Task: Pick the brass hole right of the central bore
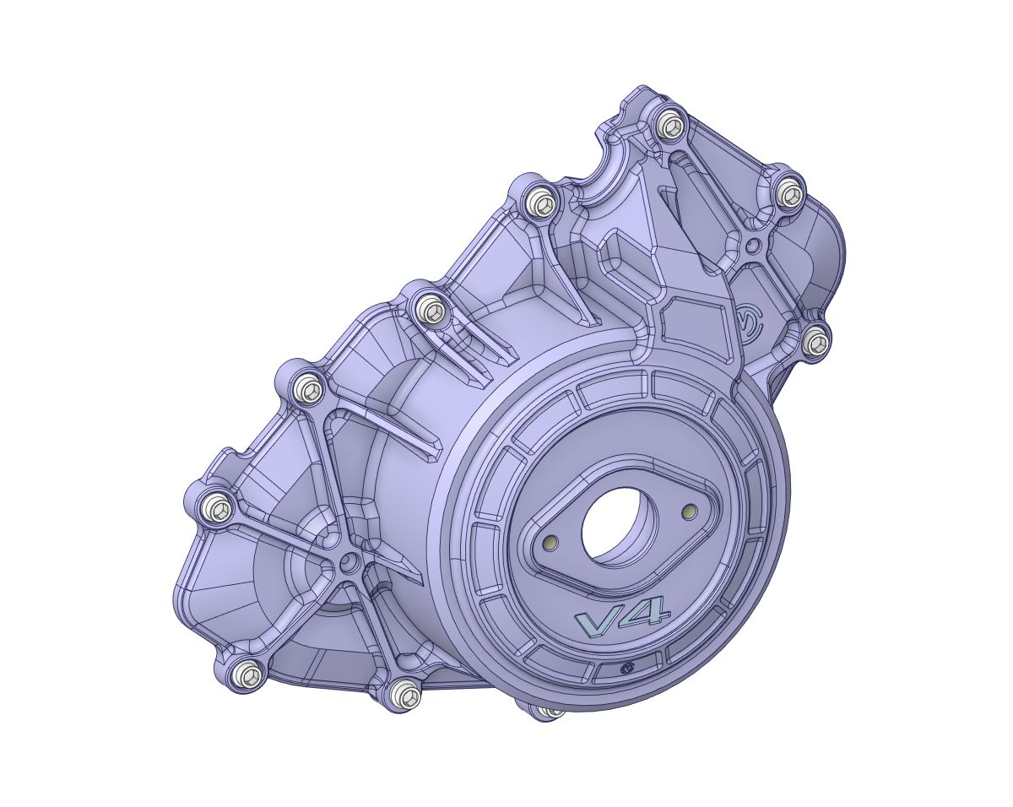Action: pyautogui.click(x=689, y=511)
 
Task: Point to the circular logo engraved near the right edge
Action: pyautogui.click(x=748, y=322)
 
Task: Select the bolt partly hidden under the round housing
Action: pyautogui.click(x=550, y=712)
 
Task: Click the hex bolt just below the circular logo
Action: pyautogui.click(x=815, y=342)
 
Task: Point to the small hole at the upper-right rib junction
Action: pyautogui.click(x=753, y=246)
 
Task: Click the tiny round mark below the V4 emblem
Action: pyautogui.click(x=626, y=668)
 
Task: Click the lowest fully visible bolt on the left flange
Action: pyautogui.click(x=246, y=674)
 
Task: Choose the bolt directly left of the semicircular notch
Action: pyautogui.click(x=540, y=203)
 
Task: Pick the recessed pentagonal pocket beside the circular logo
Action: pyautogui.click(x=694, y=332)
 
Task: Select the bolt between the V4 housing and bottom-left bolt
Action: pyautogui.click(x=406, y=695)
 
